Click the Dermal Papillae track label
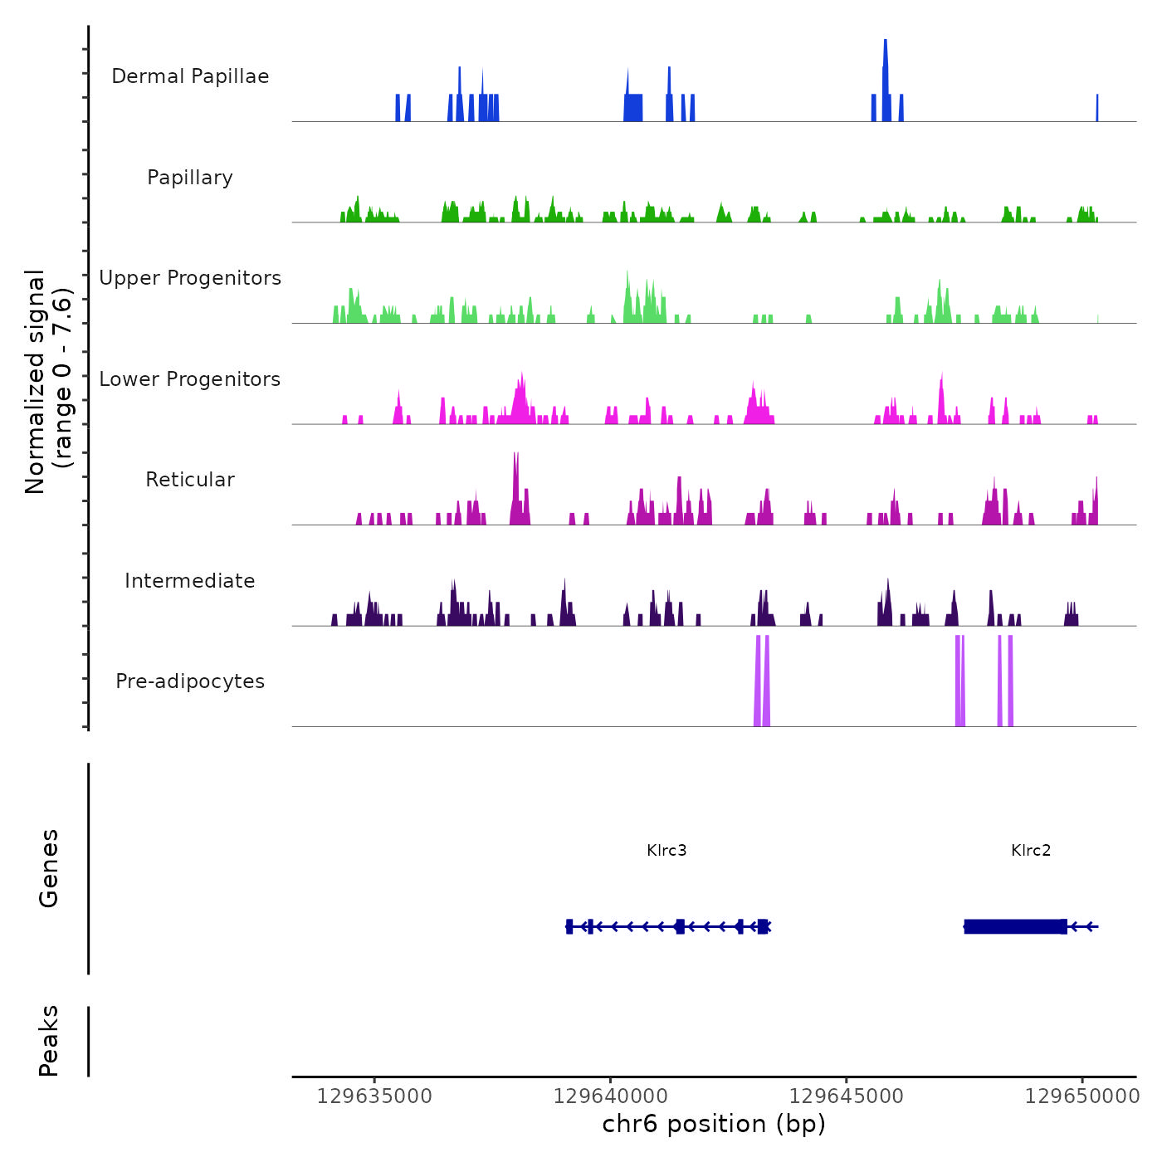(190, 76)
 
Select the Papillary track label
(190, 178)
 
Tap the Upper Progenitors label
(190, 278)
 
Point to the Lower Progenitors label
(190, 379)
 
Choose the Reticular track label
(190, 480)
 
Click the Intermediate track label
(190, 581)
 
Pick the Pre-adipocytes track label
(190, 681)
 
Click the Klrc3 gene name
(666, 850)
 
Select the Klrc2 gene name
(1031, 850)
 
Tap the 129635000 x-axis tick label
(374, 1096)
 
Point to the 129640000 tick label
(610, 1096)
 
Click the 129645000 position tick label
(846, 1096)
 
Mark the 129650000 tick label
(1082, 1096)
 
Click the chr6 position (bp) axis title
(714, 1125)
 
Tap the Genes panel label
(49, 868)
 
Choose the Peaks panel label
(49, 1041)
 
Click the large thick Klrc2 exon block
(1015, 926)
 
